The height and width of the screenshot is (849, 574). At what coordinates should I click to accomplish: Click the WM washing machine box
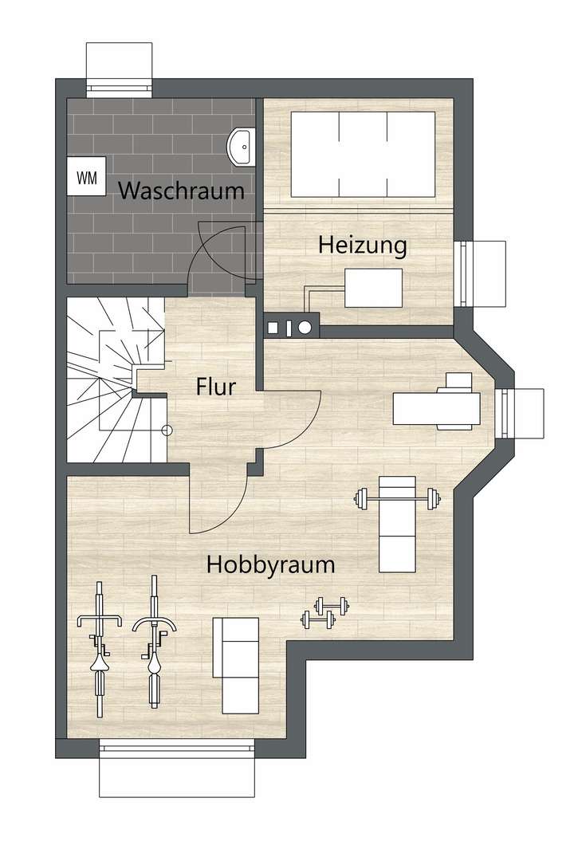coord(87,179)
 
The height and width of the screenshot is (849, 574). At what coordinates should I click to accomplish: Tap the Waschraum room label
coord(181,191)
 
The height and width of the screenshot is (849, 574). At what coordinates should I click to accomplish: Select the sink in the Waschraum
coord(240,146)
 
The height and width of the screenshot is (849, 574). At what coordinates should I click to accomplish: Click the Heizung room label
coord(363,245)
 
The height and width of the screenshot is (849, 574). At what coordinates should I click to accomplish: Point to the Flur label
coord(216,387)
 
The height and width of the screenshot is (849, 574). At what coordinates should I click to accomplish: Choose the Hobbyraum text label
coord(270,565)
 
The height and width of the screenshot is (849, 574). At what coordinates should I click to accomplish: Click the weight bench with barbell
coord(397,522)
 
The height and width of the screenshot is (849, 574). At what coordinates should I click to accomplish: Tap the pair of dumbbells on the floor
coord(324,611)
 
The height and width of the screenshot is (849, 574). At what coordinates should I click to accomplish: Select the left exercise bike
coord(99,648)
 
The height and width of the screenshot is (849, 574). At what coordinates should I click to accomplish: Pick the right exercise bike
coord(153,642)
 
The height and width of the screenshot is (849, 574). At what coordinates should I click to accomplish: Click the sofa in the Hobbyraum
coord(240,665)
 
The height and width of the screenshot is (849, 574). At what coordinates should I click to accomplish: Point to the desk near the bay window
coord(437,407)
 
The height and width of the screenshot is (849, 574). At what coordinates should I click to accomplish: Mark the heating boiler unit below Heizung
coord(373,288)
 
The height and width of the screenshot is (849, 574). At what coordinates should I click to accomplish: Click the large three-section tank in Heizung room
coord(363,154)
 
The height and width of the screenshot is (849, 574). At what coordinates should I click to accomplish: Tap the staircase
coord(112,381)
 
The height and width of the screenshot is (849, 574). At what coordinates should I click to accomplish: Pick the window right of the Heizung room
coord(482,273)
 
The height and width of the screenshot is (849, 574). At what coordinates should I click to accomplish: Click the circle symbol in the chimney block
coord(305,325)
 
